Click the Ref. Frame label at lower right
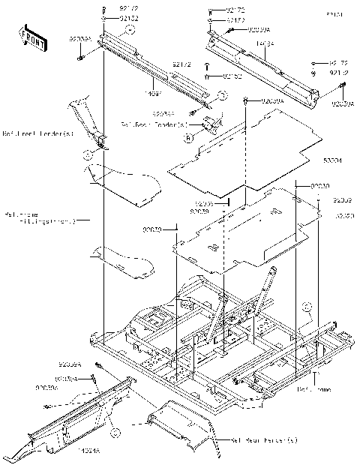coord(313,390)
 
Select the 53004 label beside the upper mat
coord(331,160)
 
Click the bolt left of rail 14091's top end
coord(80,57)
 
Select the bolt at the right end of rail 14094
coord(339,87)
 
